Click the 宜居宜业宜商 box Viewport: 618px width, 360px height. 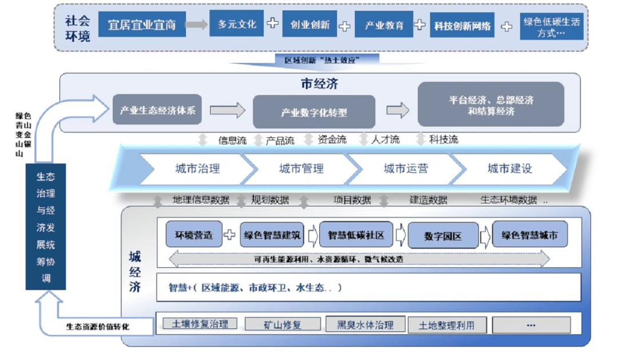pos(142,26)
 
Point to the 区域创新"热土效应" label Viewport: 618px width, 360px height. pos(323,60)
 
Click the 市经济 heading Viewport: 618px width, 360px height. pos(319,84)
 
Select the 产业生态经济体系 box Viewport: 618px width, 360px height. pos(157,110)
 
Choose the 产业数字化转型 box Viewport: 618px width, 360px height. pos(314,112)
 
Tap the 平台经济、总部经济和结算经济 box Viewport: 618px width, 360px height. pos(491,105)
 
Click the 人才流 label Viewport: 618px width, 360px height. pos(385,140)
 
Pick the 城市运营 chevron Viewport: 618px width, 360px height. pos(406,169)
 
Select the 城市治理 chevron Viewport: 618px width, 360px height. pos(197,169)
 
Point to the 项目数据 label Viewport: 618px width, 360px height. pos(352,200)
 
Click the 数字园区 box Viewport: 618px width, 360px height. pos(442,236)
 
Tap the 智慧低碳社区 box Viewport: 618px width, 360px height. pos(356,235)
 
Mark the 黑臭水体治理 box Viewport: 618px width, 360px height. pos(365,325)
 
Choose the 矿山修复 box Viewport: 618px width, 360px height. pos(282,325)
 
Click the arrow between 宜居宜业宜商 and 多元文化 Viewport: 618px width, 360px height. pos(196,25)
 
